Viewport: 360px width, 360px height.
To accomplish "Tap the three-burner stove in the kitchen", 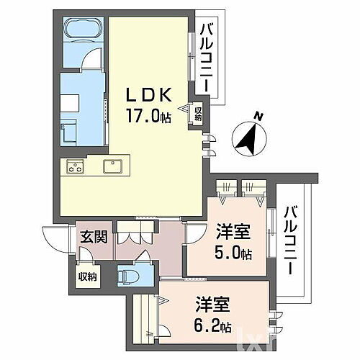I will pos(76,168).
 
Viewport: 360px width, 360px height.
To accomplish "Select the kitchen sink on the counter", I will pos(114,167).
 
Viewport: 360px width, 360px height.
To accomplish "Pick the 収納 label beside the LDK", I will pos(197,113).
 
